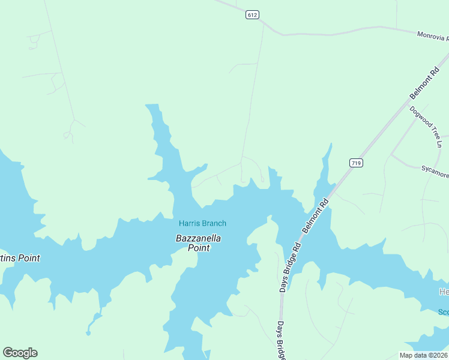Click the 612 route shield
coord(252,15)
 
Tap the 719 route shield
coord(356,163)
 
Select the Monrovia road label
coord(432,37)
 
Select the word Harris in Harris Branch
coord(189,224)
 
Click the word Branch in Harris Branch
coord(214,224)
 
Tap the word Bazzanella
coord(198,238)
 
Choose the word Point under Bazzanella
coord(199,248)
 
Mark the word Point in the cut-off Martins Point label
coord(28,259)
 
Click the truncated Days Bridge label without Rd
coord(281,341)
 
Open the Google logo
coord(20,353)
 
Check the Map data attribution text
coord(423,355)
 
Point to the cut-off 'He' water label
coord(443,292)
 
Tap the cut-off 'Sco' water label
coord(443,312)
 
